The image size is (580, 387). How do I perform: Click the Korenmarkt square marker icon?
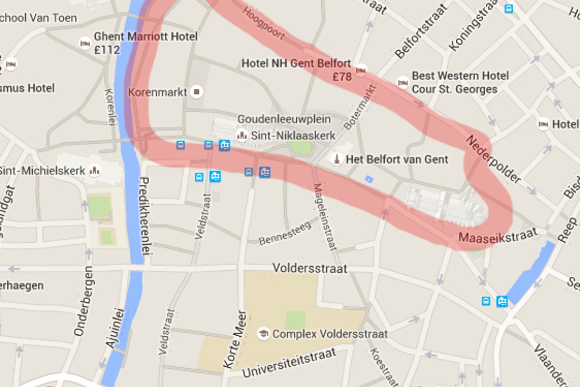click(x=197, y=91)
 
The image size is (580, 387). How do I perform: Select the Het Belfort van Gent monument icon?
click(x=337, y=159)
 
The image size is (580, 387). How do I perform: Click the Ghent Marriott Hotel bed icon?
click(x=85, y=43)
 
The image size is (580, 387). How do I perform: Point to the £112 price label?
click(x=107, y=50)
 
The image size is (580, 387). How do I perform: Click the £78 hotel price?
click(x=342, y=76)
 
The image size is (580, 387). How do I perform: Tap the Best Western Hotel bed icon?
click(x=403, y=82)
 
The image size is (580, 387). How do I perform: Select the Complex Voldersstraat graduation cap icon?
click(x=263, y=333)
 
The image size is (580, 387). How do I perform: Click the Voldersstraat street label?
click(x=310, y=268)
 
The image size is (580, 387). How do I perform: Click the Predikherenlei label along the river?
click(x=144, y=216)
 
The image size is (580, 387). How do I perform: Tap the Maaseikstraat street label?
click(x=498, y=236)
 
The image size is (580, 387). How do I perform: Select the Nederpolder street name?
click(x=493, y=160)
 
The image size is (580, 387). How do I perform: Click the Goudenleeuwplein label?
click(x=284, y=119)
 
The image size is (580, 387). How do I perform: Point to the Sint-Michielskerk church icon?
click(x=95, y=170)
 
